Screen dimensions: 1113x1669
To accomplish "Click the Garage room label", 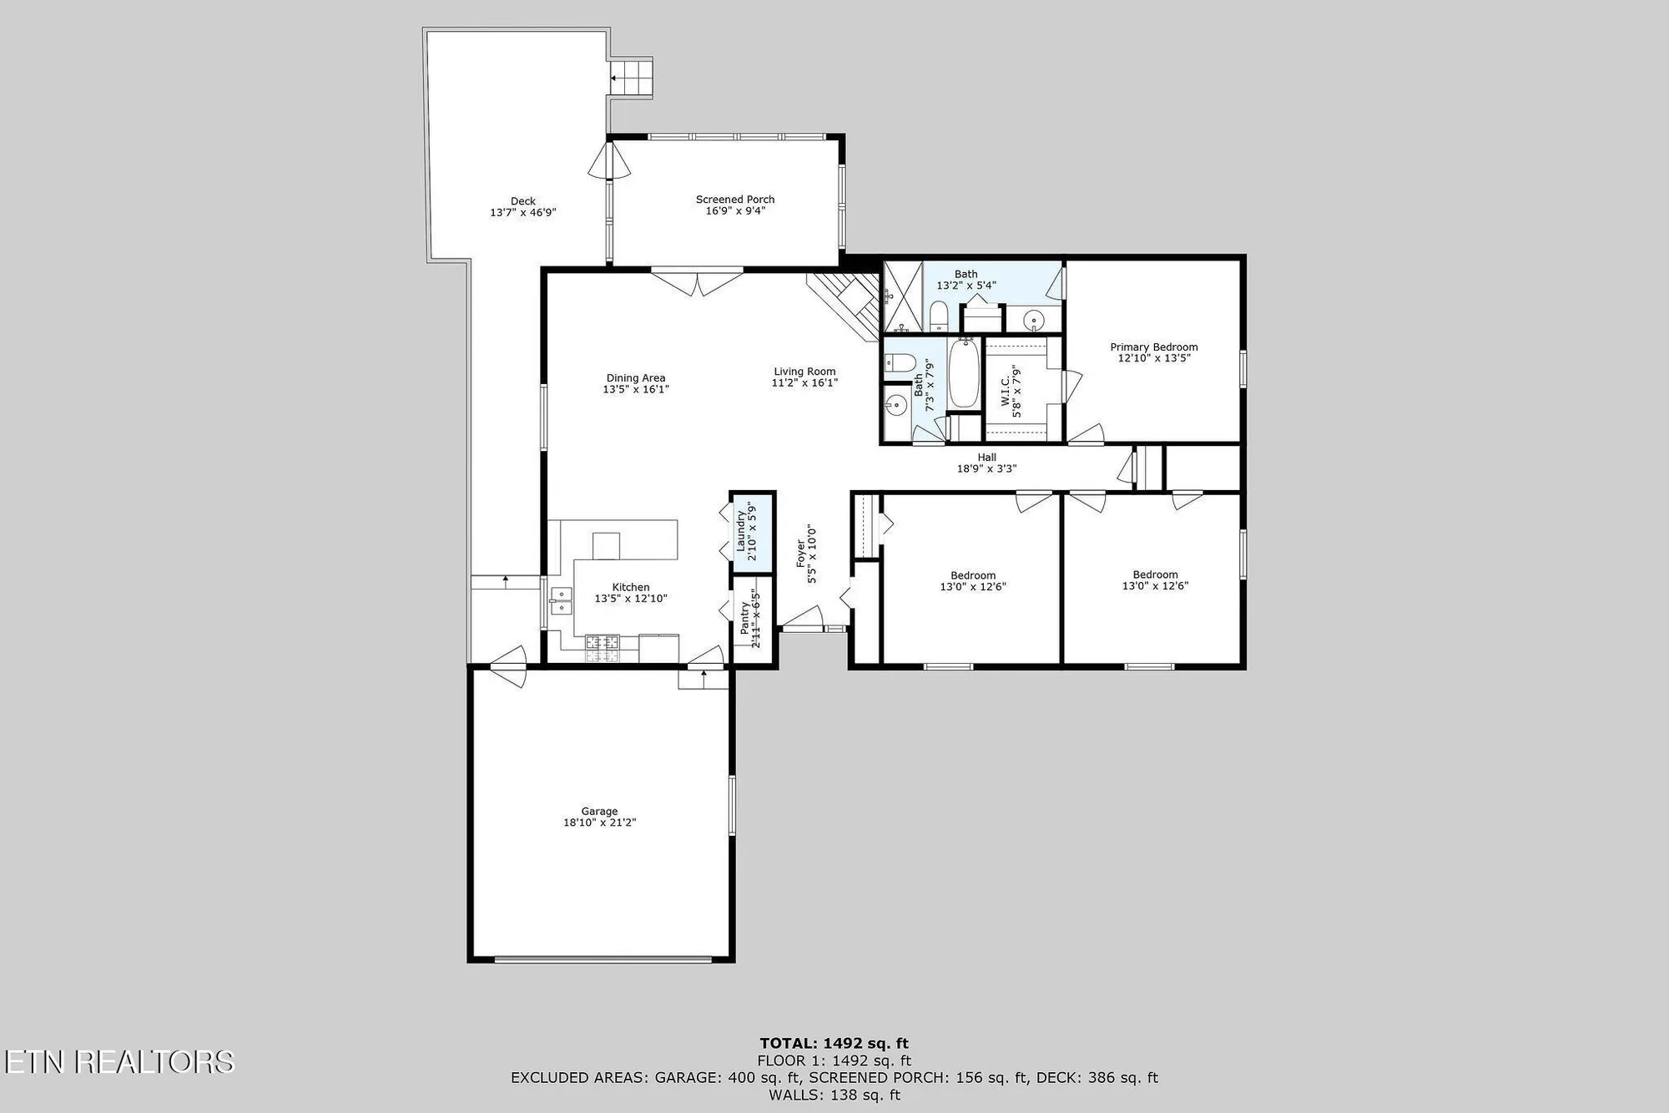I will [x=599, y=811].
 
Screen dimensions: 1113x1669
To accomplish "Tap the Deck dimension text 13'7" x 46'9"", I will [x=522, y=213].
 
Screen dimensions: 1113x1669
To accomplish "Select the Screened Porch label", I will [x=735, y=200].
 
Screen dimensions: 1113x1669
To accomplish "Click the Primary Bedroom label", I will [x=1153, y=347].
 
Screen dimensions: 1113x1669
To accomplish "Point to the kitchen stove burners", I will [x=602, y=643].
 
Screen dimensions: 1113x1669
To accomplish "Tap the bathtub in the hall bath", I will [x=964, y=374].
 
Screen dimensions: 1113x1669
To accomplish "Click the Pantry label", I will [x=745, y=618].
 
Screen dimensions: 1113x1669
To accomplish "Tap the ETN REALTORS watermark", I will [x=118, y=1061].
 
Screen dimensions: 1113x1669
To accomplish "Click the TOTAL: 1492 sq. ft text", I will [x=834, y=1043].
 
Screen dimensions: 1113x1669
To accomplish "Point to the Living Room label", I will [x=804, y=372].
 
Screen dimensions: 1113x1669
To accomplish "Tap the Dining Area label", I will [x=636, y=378].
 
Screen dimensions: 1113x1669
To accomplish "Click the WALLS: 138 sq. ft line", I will [x=834, y=1095].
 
